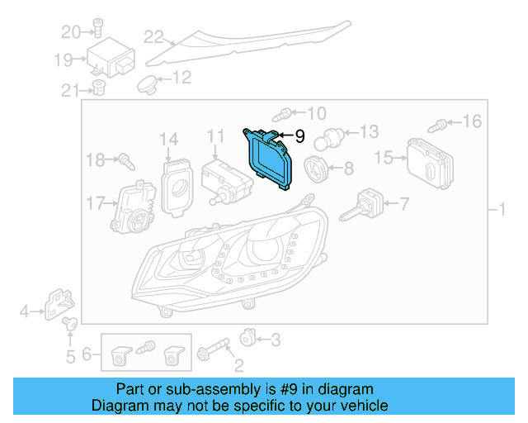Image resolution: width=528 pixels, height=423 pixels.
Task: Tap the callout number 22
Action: point(153,36)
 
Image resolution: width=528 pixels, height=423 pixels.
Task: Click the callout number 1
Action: point(502,210)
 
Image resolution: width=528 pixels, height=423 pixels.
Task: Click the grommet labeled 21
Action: point(98,88)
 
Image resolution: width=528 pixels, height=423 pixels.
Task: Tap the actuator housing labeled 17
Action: point(134,207)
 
